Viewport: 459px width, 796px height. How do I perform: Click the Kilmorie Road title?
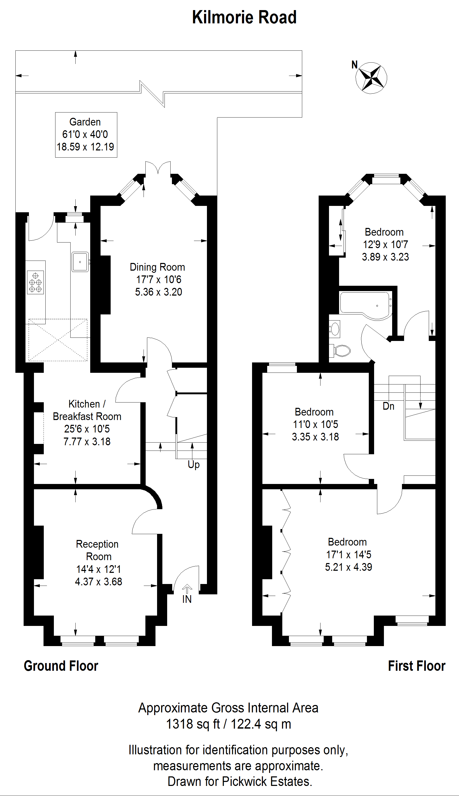point(244,17)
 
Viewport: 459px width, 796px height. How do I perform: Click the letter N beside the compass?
point(355,65)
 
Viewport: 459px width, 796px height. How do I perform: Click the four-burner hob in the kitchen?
point(35,282)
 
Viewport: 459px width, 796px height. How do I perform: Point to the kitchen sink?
point(80,262)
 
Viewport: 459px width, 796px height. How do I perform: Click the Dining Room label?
point(157,267)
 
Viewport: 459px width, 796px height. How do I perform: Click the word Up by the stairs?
point(194,465)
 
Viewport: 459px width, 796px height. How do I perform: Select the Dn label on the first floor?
point(388,406)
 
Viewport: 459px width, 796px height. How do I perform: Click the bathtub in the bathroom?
point(366,304)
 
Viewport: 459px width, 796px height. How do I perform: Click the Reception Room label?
point(98,550)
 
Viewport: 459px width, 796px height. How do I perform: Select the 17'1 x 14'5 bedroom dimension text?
point(349,555)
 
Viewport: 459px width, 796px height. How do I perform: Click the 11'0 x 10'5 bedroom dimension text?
point(315,424)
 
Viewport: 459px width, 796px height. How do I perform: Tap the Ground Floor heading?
point(61,666)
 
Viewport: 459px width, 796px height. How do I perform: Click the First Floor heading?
point(417,666)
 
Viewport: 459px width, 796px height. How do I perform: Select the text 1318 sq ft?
point(193,724)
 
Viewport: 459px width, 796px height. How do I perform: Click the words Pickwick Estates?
point(267,781)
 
